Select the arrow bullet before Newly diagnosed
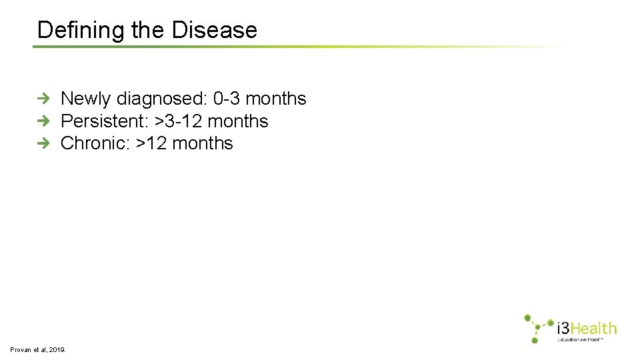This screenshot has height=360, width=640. point(43,99)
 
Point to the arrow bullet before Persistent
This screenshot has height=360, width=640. point(43,121)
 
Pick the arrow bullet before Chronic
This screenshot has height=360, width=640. point(43,143)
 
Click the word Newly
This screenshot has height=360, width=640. point(86,99)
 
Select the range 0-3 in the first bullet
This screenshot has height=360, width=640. point(227,99)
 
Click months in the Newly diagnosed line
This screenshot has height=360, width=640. point(276,99)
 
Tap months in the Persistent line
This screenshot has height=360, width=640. point(238,121)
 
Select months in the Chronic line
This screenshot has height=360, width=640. point(203,143)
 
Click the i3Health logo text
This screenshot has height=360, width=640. point(587,328)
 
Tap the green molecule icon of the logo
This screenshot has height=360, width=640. point(537,328)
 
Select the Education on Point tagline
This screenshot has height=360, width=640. point(580,339)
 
